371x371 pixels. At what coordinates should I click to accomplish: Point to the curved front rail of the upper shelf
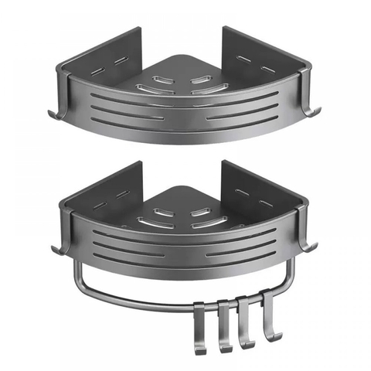[x=185, y=124]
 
